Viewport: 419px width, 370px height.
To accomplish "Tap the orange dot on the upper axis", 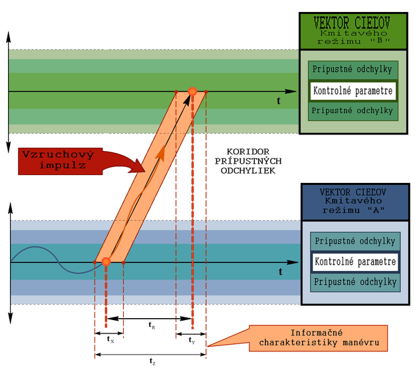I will point(192,91).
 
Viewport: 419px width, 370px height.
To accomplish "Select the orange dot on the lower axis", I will point(106,262).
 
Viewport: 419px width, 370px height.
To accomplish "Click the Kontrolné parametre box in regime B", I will point(353,90).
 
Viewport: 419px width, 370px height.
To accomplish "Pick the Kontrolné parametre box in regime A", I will point(354,262).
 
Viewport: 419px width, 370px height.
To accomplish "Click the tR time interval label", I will point(152,325).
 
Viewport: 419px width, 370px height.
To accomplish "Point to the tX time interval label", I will point(110,339).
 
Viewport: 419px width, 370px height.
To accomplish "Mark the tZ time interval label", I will point(153,361).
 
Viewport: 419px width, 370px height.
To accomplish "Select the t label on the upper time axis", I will point(279,100).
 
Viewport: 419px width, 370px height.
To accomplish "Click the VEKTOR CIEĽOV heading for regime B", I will point(353,20).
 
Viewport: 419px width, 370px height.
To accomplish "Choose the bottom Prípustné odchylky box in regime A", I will point(354,282).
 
